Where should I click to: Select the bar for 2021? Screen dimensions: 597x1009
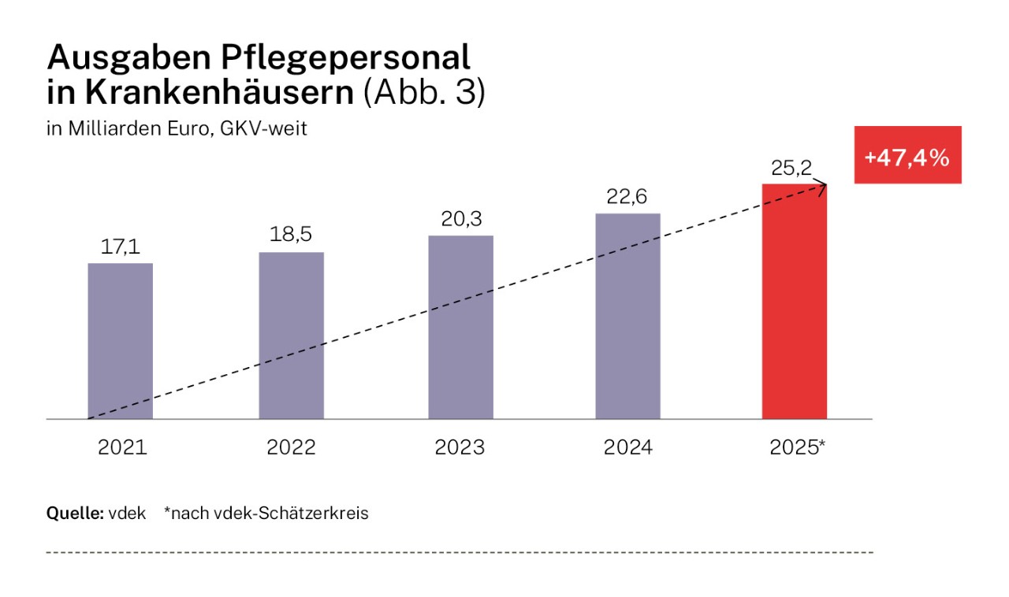[x=120, y=340]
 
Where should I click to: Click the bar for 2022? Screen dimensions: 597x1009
[x=291, y=336]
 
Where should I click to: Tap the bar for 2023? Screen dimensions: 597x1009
[x=460, y=327]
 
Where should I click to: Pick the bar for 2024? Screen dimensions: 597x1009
[x=627, y=315]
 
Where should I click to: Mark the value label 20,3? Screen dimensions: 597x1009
[x=460, y=221]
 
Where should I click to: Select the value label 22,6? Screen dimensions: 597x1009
[x=627, y=198]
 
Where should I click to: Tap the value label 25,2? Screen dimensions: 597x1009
[x=791, y=168]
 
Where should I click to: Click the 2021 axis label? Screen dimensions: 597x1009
[x=122, y=448]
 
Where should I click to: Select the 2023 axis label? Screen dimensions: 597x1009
[x=460, y=448]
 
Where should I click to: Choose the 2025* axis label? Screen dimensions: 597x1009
[x=797, y=448]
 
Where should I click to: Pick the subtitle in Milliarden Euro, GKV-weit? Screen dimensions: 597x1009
[x=177, y=129]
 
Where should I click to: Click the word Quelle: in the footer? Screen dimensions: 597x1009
[x=75, y=514]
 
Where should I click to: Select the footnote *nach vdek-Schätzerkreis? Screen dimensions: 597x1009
[x=266, y=514]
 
